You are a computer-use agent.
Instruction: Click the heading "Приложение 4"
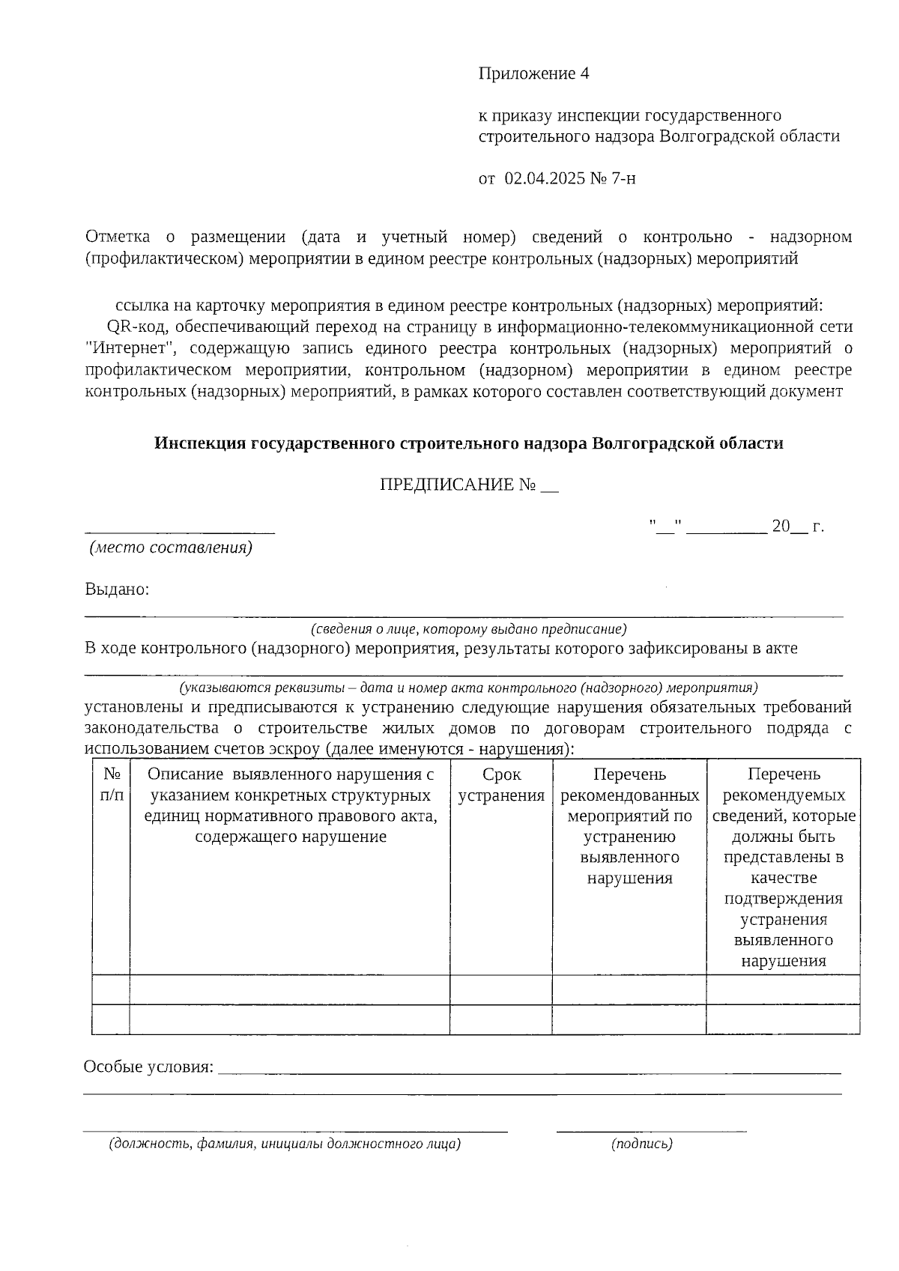click(x=534, y=73)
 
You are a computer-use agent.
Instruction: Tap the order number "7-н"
click(x=623, y=178)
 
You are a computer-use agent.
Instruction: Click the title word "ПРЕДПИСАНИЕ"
click(x=447, y=485)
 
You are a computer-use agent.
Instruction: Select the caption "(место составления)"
click(x=171, y=547)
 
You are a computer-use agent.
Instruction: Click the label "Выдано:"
click(x=117, y=589)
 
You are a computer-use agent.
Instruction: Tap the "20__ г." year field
click(x=797, y=527)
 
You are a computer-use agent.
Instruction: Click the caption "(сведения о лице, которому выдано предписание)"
click(x=469, y=629)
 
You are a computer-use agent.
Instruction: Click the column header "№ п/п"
click(x=111, y=784)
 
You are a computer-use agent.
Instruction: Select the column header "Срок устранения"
click(x=501, y=784)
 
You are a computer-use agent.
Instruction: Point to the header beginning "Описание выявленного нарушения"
click(x=291, y=805)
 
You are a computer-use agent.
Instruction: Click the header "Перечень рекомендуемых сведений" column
click(x=783, y=867)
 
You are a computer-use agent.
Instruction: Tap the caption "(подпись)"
click(x=642, y=1144)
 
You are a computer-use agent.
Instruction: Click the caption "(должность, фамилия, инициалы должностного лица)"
click(x=285, y=1144)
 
